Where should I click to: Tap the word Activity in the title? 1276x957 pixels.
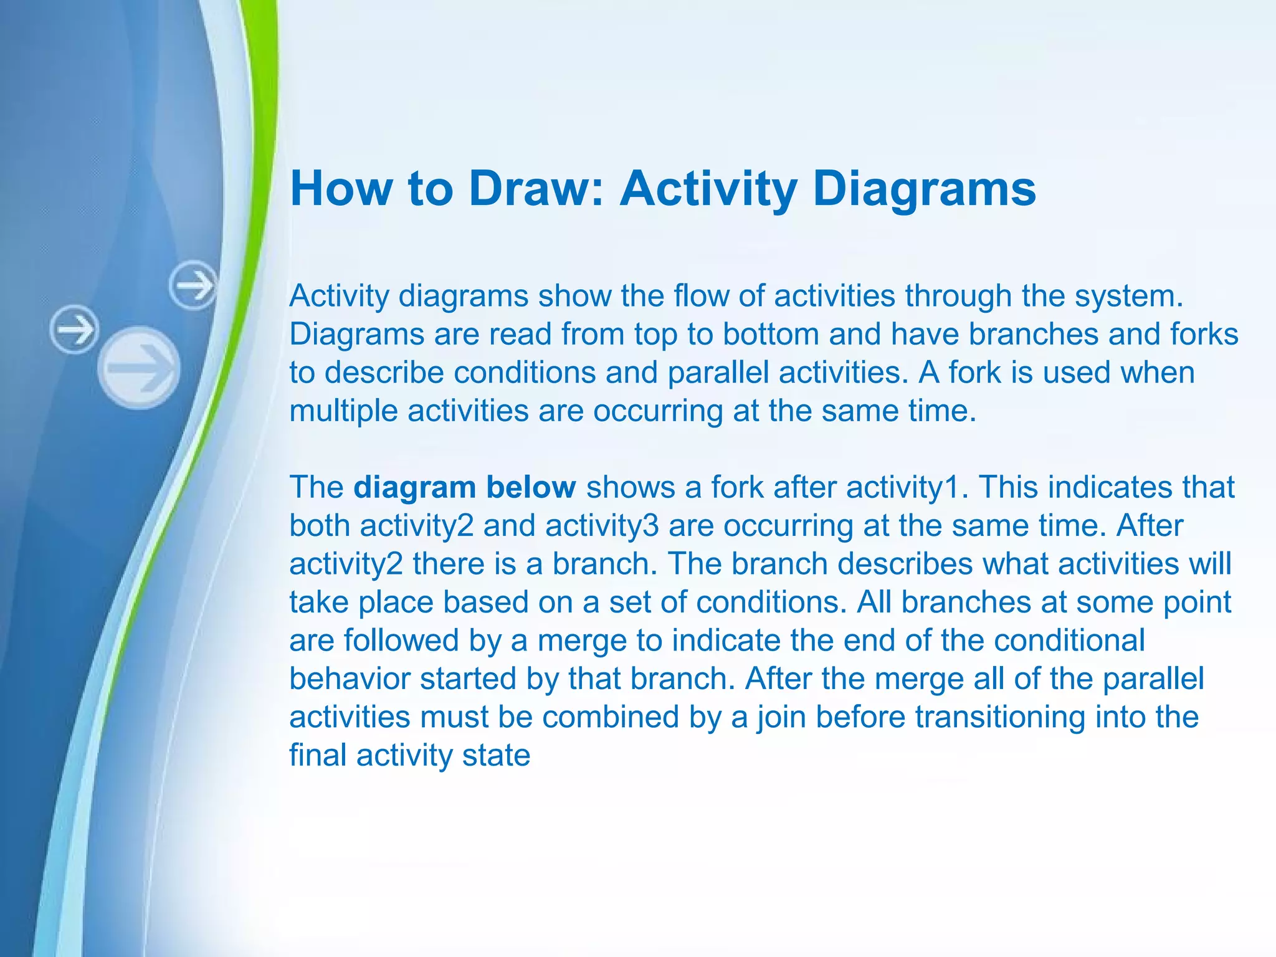click(708, 188)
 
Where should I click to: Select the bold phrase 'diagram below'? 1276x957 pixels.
click(464, 487)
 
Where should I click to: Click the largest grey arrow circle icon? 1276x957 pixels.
click(139, 368)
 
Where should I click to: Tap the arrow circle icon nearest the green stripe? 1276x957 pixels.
click(193, 286)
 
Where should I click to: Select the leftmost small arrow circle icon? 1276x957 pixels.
click(74, 330)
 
